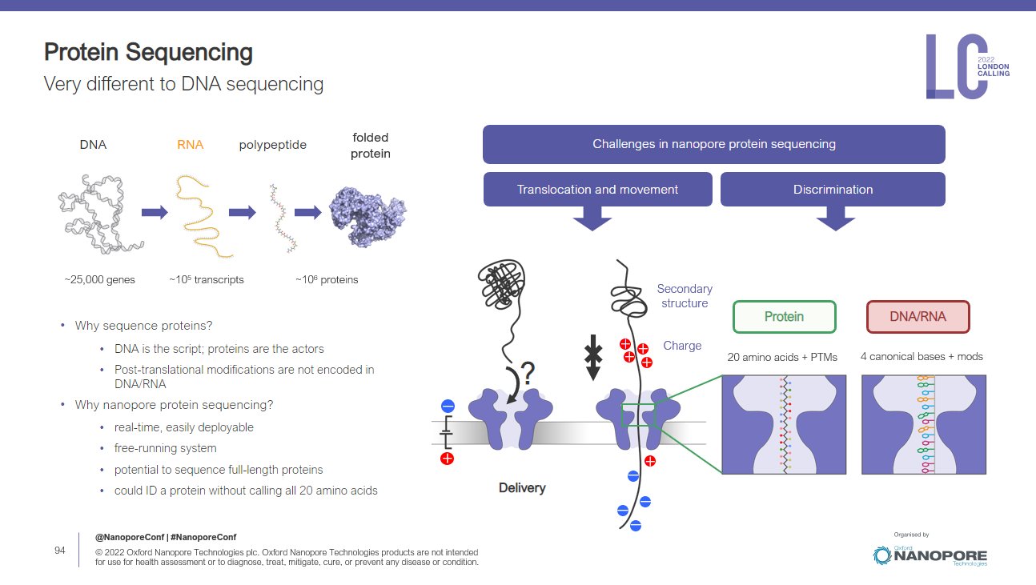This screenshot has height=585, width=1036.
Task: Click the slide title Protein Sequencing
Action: tap(148, 53)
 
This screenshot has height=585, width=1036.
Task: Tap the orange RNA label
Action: tap(190, 145)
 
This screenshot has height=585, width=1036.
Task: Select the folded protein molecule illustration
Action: tap(367, 213)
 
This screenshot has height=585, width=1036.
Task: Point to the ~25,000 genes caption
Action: tap(99, 279)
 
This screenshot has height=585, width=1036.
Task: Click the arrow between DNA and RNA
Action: tap(155, 212)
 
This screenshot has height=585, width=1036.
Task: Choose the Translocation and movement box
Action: tap(597, 190)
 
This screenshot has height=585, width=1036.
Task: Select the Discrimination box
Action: tap(833, 190)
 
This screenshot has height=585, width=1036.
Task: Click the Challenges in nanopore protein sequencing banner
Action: tap(713, 144)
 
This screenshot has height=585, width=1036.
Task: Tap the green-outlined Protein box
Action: tap(784, 317)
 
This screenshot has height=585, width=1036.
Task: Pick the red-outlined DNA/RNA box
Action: tap(918, 317)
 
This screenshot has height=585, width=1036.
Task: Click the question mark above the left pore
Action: tap(528, 374)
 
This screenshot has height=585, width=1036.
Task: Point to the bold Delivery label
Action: tap(522, 487)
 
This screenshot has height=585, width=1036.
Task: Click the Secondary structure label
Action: tap(685, 296)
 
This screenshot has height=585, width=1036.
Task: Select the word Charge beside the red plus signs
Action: tap(682, 346)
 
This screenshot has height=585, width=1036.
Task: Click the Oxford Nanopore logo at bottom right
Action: tap(930, 555)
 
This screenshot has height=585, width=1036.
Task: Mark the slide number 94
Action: tap(59, 551)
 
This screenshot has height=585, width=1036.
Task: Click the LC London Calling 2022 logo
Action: tap(967, 66)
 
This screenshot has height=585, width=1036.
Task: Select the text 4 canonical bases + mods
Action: tap(922, 356)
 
